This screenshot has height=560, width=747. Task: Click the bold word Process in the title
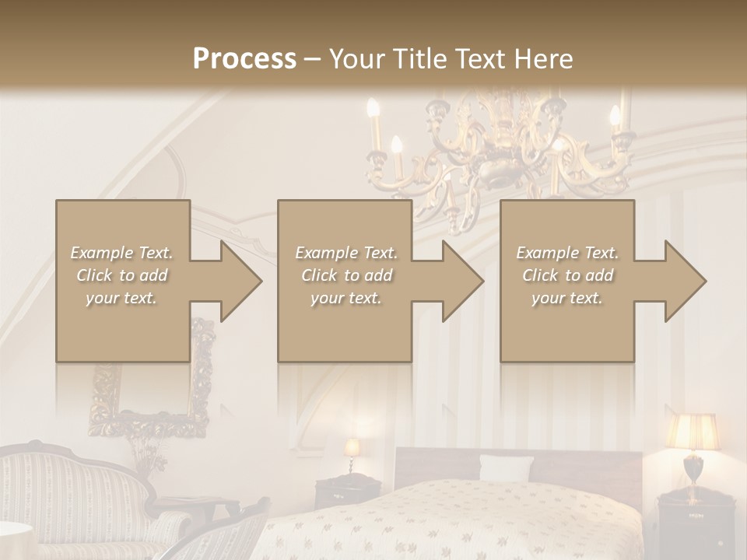[x=244, y=59]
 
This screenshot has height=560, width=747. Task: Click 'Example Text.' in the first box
[x=121, y=253]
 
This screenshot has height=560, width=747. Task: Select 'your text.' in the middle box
[x=345, y=298]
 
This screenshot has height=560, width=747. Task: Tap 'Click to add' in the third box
[x=568, y=275]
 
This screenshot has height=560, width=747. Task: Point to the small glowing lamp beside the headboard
[x=352, y=449]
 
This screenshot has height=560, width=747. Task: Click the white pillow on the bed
[x=506, y=468]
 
